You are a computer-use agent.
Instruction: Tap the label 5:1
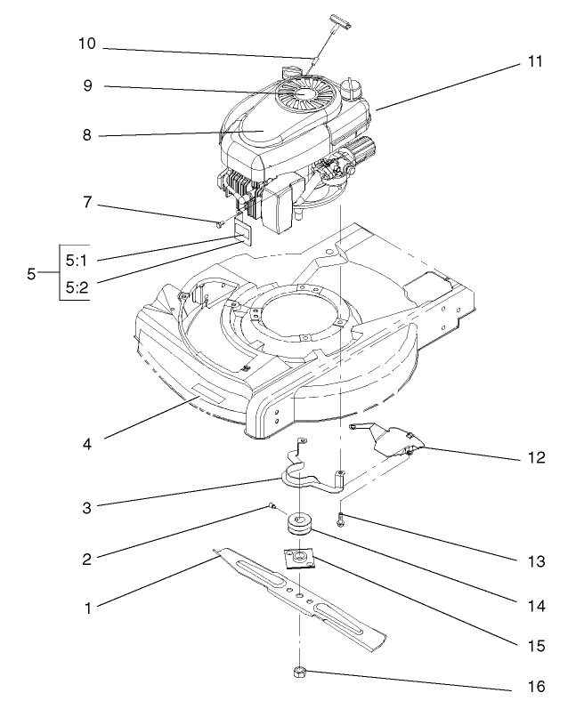(77, 260)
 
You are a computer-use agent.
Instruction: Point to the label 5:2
(77, 286)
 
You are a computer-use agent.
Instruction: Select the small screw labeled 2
(268, 507)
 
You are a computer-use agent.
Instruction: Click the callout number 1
(87, 608)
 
